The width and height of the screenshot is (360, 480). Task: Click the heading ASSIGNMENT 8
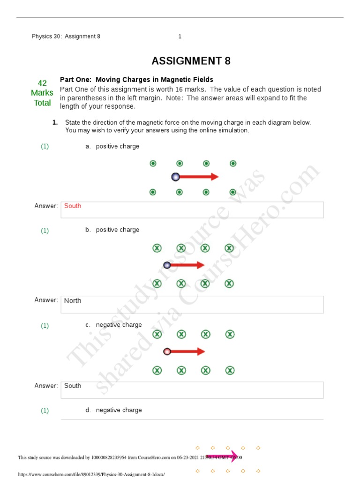tap(191, 61)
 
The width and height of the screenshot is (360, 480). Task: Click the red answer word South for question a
tap(73, 206)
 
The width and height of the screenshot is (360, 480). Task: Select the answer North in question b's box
tap(73, 300)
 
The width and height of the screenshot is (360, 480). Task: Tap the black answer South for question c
tap(73, 386)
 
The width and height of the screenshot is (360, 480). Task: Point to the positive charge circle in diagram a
tap(175, 177)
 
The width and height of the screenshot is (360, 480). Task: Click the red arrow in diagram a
tap(199, 177)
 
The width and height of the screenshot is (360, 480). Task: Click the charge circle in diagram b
tap(167, 265)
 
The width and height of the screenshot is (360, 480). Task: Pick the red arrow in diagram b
tap(187, 265)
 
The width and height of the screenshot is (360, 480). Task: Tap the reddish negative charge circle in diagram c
tap(167, 352)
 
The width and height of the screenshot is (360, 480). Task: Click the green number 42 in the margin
tap(42, 83)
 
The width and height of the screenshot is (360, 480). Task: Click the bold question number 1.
tap(55, 122)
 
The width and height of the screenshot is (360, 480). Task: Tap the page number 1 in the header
tap(180, 37)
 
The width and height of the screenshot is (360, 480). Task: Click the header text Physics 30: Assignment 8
tap(66, 37)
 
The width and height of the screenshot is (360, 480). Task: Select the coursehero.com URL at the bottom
tap(91, 474)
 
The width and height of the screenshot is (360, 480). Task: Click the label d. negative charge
tap(113, 410)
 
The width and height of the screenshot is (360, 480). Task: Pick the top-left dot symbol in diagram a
tap(153, 164)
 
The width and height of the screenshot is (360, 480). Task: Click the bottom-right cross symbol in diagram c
tap(230, 371)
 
